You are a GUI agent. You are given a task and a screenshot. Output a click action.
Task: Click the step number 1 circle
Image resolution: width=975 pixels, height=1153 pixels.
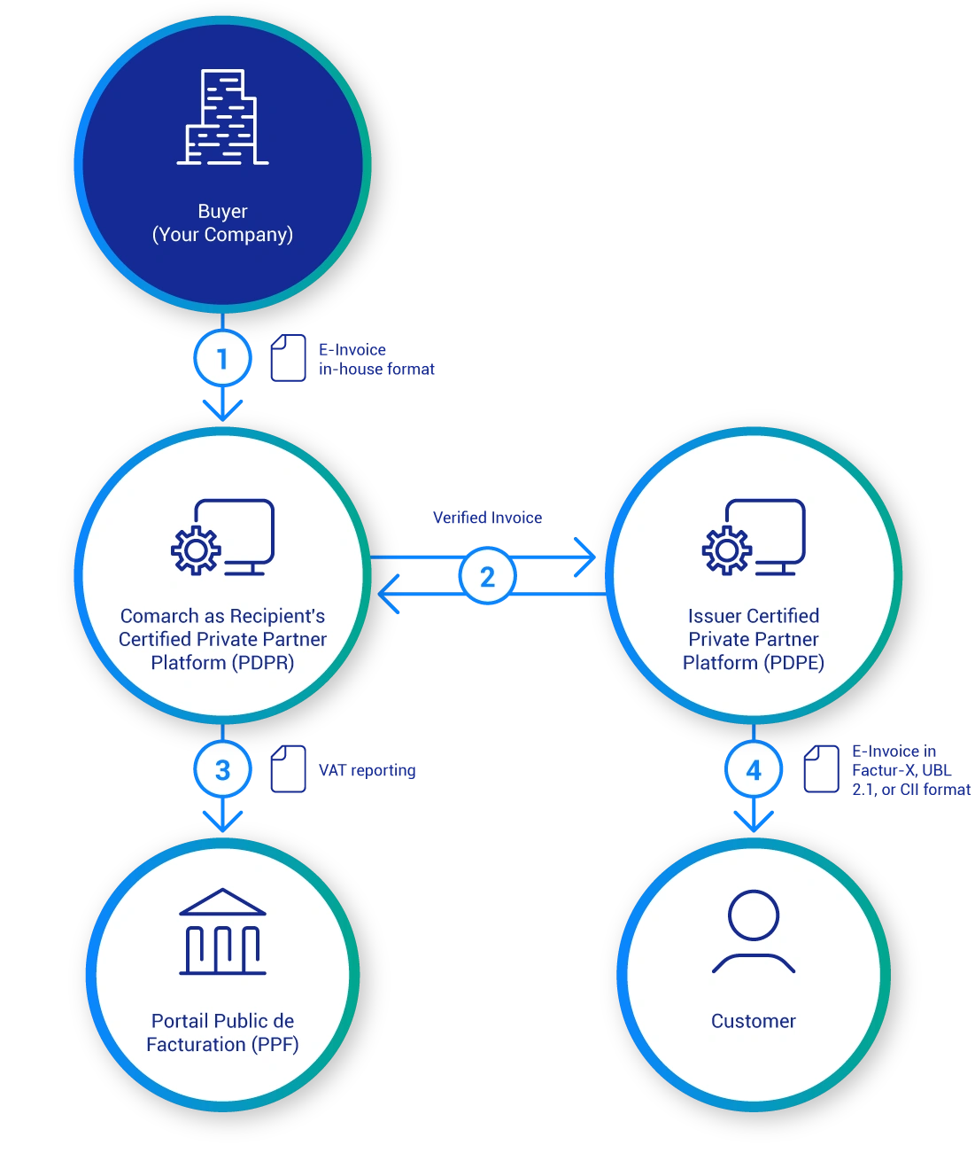(222, 359)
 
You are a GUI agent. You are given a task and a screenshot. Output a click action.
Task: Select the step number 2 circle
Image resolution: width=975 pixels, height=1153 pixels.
(487, 577)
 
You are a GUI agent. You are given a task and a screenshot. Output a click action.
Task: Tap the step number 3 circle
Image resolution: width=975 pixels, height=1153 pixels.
(222, 770)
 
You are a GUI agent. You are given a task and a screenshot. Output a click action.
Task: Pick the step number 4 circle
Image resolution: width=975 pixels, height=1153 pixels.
(754, 770)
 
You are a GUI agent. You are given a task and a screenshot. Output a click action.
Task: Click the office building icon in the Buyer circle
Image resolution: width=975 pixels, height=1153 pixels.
(222, 118)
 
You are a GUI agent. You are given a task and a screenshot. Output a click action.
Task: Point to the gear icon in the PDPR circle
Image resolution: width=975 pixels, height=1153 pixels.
(196, 550)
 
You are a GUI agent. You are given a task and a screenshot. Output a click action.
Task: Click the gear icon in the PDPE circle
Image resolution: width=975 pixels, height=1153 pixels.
(727, 550)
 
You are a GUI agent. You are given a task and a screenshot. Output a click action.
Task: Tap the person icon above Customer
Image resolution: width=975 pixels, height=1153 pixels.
(754, 931)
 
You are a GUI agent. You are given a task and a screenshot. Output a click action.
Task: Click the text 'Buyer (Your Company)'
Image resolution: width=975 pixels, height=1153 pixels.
(222, 222)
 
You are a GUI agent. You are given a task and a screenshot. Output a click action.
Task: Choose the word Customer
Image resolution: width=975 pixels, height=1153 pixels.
(754, 1021)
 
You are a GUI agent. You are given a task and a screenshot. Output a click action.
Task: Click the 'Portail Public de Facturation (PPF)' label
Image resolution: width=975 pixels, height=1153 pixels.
(222, 1032)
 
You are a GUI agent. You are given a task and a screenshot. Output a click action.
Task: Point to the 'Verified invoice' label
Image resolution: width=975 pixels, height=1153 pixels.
(488, 518)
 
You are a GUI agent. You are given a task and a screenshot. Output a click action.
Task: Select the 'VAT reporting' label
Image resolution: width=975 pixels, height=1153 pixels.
(368, 771)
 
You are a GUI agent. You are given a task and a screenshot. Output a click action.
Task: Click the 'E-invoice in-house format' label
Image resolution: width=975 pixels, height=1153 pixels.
(378, 359)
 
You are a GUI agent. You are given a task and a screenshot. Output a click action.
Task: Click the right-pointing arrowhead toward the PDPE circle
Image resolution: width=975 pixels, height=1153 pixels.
(586, 557)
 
